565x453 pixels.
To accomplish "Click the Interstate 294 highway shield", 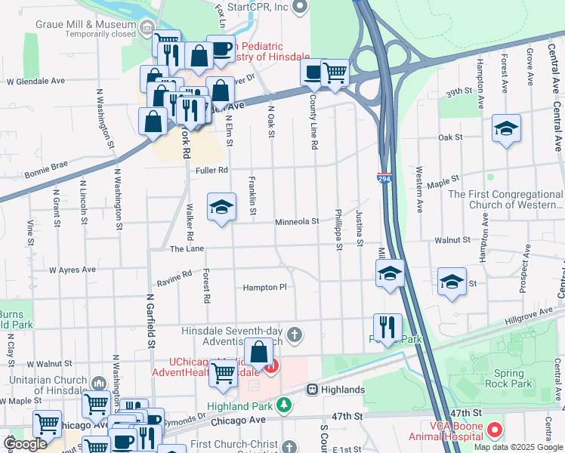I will [x=384, y=180].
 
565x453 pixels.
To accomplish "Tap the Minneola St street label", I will [x=297, y=222].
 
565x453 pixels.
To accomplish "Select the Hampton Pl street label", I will [x=264, y=288].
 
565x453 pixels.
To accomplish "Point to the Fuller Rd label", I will [x=211, y=171].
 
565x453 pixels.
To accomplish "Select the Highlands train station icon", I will [x=311, y=389].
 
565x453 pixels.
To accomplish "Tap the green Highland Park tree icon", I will [x=283, y=406].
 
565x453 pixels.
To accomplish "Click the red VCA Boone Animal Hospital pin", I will [x=495, y=430].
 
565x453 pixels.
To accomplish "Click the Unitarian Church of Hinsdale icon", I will [x=98, y=383].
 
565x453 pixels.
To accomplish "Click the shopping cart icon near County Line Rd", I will [x=335, y=72].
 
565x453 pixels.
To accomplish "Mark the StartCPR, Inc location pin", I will [x=299, y=7].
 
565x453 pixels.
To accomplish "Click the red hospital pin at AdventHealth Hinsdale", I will [x=270, y=366].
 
